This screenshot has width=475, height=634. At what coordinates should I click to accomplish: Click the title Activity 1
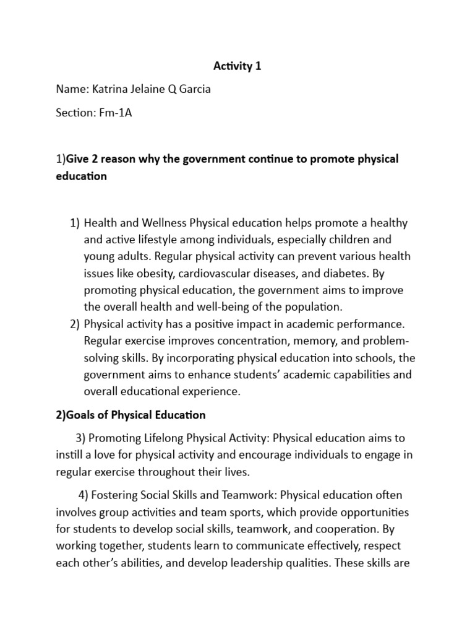point(237,66)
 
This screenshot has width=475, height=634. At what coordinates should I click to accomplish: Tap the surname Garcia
point(192,89)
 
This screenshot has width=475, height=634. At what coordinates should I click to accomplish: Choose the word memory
point(313,341)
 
